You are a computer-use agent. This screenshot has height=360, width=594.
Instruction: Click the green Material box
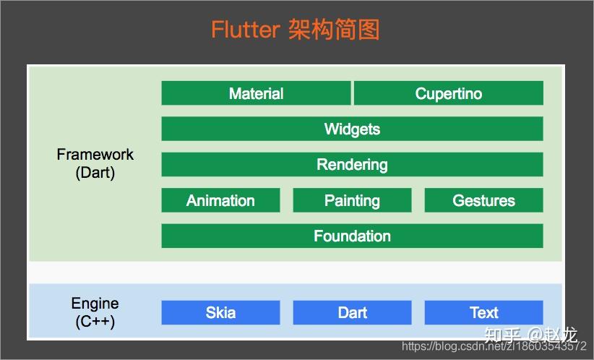256,93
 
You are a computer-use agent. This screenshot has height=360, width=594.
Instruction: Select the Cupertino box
448,93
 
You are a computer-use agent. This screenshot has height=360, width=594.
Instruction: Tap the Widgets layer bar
352,129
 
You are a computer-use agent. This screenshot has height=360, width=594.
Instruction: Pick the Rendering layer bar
352,164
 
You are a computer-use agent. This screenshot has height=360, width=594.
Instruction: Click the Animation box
220,200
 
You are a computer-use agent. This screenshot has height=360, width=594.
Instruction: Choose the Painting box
352,200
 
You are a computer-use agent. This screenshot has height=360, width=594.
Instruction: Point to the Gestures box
483,200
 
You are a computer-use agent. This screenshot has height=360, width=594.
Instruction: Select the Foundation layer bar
352,236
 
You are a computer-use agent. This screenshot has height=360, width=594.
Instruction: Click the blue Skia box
220,312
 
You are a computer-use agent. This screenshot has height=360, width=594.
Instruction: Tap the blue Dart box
352,312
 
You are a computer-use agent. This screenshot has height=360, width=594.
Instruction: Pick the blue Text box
483,312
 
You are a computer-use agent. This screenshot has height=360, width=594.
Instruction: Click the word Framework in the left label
95,155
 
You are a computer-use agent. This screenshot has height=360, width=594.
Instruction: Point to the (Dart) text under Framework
95,173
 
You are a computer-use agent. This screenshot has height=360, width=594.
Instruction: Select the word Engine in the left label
95,304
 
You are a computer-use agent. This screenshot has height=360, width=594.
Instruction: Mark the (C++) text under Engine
95,322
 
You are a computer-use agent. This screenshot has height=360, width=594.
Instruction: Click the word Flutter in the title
245,30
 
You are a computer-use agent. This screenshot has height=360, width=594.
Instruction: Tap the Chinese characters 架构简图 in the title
334,30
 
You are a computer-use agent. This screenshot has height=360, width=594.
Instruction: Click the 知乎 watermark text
502,335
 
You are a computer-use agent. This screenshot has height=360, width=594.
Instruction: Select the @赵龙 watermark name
553,335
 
